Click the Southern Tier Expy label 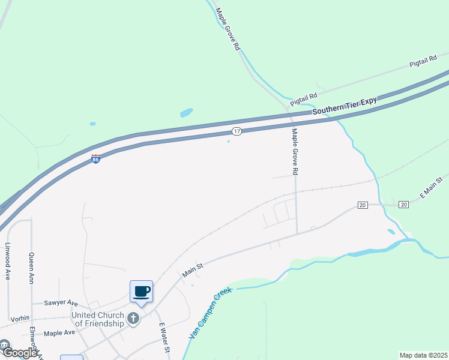click(x=345, y=106)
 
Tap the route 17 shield click(x=237, y=131)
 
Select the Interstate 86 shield click(x=95, y=159)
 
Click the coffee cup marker click(x=142, y=292)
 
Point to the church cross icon click(x=133, y=319)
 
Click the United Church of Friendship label click(x=97, y=319)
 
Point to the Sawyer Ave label click(x=61, y=303)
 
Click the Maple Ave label click(x=59, y=332)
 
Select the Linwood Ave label click(x=8, y=261)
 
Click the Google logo click(x=19, y=353)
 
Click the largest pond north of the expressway click(x=187, y=112)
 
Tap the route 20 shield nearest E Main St click(x=403, y=205)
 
